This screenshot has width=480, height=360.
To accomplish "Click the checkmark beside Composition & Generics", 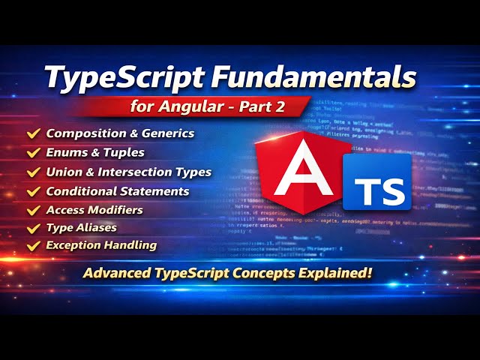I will click(33, 133).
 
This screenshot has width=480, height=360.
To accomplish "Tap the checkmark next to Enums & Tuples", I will click(33, 153).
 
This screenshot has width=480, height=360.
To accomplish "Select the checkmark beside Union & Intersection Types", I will click(33, 172).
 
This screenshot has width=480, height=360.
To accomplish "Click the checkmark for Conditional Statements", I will click(33, 190).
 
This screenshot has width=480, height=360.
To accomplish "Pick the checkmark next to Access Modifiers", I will click(33, 209).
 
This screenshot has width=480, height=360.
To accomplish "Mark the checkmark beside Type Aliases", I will click(33, 227).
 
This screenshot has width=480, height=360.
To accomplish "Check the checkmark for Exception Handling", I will click(33, 245).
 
